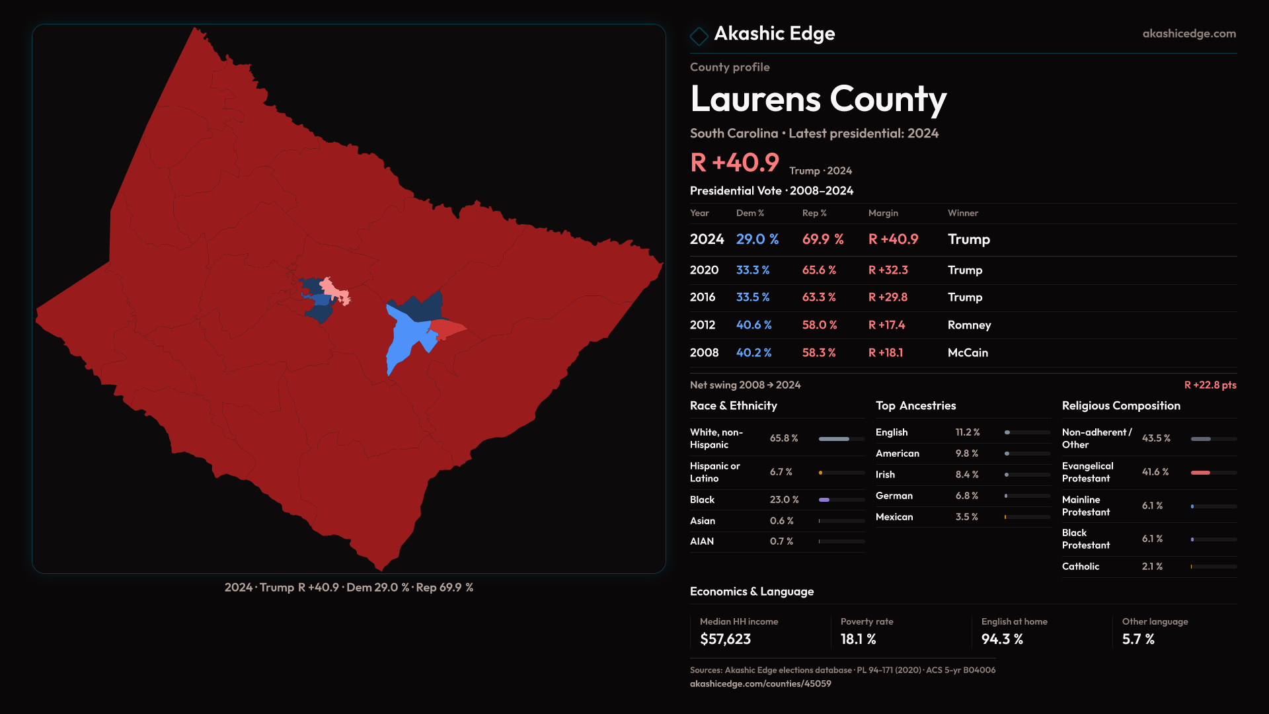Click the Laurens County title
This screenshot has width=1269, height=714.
click(818, 99)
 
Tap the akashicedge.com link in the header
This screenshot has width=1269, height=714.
click(1189, 34)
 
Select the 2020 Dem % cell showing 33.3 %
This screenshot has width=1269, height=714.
click(753, 270)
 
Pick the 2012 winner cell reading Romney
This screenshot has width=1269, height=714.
click(969, 325)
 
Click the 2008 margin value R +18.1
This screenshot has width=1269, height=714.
click(886, 353)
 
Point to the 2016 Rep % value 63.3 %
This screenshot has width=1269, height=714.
click(819, 297)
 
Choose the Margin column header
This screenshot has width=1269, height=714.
click(883, 213)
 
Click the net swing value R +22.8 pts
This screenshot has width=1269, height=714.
click(1210, 385)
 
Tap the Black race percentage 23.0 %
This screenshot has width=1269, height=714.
click(784, 500)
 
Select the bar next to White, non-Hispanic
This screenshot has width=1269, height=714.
click(834, 439)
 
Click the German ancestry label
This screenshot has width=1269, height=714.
click(894, 496)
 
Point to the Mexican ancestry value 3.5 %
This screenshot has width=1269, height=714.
click(966, 517)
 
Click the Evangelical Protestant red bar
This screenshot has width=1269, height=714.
click(1200, 473)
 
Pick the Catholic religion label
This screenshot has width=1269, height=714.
click(1080, 567)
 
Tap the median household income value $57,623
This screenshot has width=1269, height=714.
click(725, 639)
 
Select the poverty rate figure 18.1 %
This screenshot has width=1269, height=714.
click(858, 639)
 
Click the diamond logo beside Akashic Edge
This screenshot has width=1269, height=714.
click(699, 36)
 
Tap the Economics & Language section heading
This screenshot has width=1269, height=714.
click(751, 592)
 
